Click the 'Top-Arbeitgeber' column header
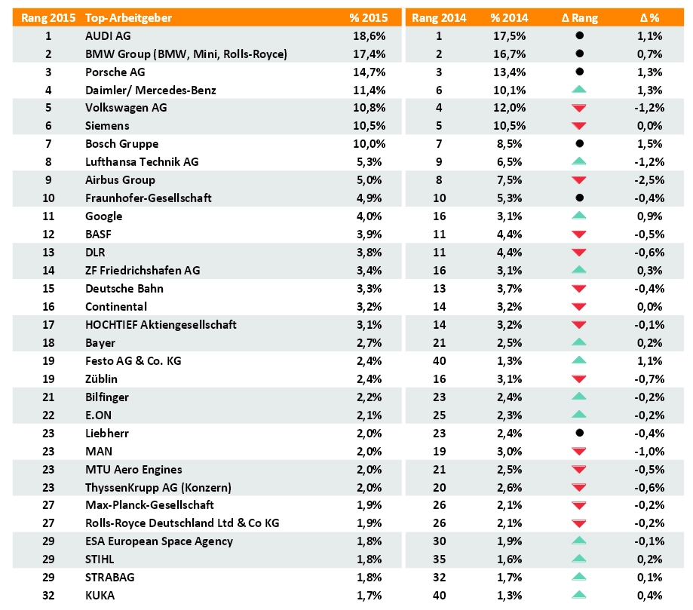128,17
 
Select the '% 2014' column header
509,17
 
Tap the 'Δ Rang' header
579,17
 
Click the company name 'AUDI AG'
108,35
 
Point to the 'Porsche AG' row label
115,72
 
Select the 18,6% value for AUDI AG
369,35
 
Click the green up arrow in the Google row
579,216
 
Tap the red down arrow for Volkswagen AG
579,108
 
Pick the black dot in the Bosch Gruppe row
579,144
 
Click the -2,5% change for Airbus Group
649,180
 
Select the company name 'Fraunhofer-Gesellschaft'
149,198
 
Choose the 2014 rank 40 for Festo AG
440,360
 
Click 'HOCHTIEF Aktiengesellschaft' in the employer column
161,324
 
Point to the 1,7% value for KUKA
369,596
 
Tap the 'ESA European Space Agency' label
159,541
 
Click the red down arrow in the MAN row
579,452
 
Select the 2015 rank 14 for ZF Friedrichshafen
48,270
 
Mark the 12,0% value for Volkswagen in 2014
509,108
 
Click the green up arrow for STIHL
579,559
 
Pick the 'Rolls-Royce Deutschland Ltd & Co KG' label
182,523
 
